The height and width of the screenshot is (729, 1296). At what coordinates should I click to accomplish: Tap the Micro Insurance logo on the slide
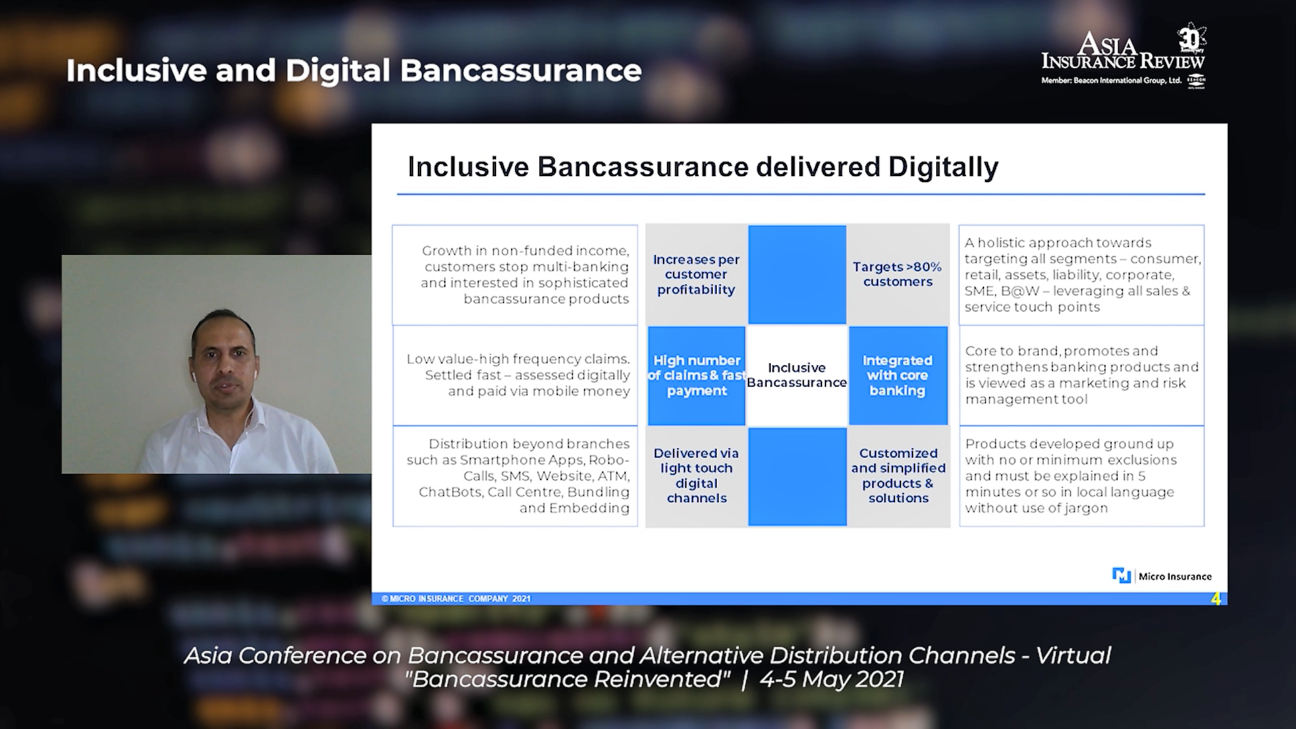coord(1162,576)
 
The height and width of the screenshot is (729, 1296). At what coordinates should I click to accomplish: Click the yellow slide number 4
coord(1216,599)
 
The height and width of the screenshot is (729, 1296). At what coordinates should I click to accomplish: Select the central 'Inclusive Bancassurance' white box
coord(797,375)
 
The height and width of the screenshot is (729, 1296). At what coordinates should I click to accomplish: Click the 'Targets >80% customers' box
coord(898,274)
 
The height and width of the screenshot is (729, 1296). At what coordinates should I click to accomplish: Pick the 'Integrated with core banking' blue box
coord(898,375)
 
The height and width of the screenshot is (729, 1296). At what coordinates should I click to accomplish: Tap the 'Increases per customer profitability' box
coord(697,274)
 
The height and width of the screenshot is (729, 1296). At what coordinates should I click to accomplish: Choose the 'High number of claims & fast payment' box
coord(697,375)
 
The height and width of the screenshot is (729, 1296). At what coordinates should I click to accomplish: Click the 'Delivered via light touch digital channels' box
coord(697,476)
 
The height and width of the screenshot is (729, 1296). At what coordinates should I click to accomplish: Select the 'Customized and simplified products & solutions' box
coord(898,476)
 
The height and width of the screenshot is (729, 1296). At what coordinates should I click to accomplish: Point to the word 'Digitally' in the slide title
coord(943,167)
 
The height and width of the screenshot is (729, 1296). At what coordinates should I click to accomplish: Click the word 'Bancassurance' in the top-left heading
coord(520,71)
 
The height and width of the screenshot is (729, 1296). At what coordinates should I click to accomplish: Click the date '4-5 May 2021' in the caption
coord(832,679)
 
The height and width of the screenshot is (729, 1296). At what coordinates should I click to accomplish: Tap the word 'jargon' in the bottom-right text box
coord(1085,509)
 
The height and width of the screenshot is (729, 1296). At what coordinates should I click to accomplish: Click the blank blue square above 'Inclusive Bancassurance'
coord(797,274)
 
